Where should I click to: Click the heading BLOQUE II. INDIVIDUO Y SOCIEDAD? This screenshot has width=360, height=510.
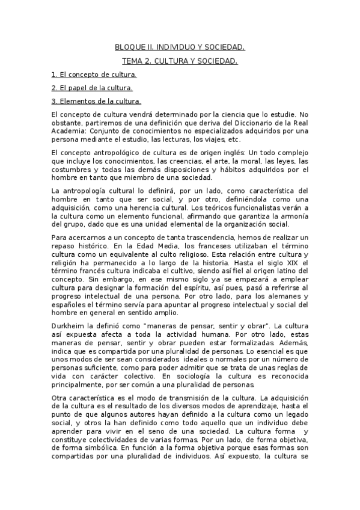click(180, 47)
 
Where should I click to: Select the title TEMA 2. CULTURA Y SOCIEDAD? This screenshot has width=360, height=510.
click(180, 61)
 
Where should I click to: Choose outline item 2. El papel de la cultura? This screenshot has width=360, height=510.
click(92, 88)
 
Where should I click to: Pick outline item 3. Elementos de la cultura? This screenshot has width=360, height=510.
click(96, 101)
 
